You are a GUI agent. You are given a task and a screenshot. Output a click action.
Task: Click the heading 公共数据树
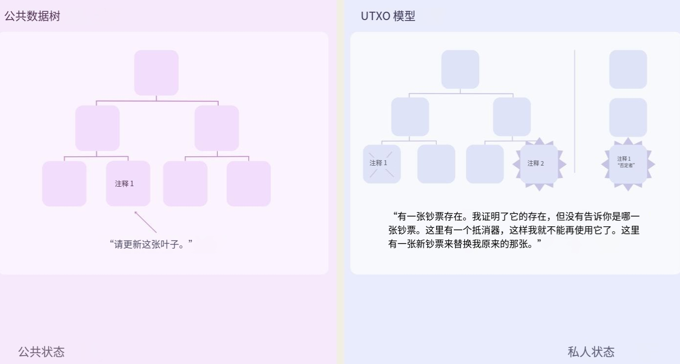coord(32,16)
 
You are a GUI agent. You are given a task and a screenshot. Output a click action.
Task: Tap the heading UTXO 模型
coord(388,16)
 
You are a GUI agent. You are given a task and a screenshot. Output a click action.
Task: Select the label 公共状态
coord(41,352)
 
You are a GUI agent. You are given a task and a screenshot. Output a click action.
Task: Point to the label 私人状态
coord(591,352)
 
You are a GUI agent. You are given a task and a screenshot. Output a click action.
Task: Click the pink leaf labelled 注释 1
coord(128,183)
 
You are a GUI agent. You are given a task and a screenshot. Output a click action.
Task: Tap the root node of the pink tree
coord(156,73)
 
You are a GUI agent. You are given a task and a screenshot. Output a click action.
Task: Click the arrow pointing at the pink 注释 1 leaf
coord(145,221)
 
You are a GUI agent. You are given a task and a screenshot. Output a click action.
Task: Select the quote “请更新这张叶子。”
coord(151,243)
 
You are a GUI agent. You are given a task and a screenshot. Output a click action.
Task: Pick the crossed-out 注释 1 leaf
coord(381,164)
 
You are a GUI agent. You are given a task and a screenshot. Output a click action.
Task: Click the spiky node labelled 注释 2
coord(539,164)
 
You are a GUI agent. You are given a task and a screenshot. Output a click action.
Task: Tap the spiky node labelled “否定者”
coord(628,164)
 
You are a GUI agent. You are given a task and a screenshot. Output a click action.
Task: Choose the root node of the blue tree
coord(460,69)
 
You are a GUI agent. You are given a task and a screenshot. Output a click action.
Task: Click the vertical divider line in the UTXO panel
coord(574,111)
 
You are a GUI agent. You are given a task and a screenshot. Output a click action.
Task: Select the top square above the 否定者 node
coord(628,69)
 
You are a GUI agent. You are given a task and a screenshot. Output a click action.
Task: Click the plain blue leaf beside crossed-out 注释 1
coord(436,164)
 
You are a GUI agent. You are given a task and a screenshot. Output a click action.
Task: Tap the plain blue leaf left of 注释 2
coord(485,164)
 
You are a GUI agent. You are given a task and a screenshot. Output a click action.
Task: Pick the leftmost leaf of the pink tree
coord(64,183)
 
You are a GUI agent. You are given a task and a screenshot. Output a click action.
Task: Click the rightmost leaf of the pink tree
coord(248,183)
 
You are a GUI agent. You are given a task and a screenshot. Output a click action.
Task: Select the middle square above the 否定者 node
coord(628,118)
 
